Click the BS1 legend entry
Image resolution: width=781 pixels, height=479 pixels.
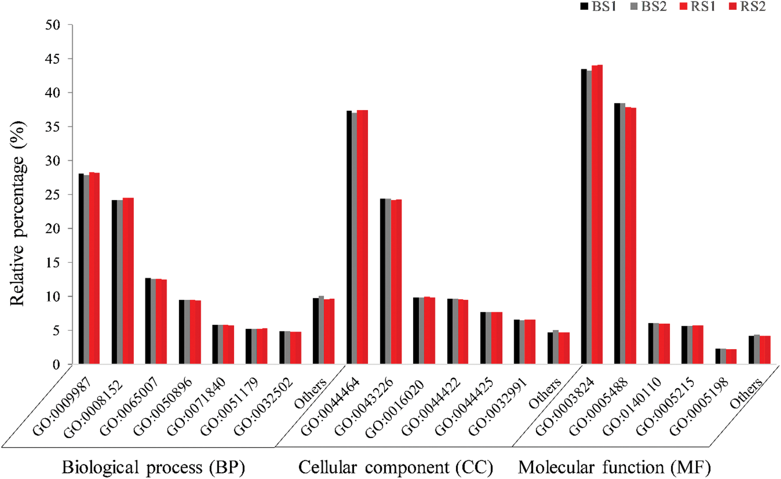(x=597, y=7)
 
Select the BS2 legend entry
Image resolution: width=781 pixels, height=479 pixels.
(x=647, y=7)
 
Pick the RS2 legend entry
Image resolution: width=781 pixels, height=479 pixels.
(x=747, y=7)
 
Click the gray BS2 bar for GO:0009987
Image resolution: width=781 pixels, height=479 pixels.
(x=86, y=270)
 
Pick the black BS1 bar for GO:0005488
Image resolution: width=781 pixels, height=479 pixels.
(x=617, y=234)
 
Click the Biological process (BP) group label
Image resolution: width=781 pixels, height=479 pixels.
(x=153, y=467)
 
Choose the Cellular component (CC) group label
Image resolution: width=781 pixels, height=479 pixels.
(x=395, y=467)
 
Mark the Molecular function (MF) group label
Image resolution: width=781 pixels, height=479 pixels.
(x=614, y=467)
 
